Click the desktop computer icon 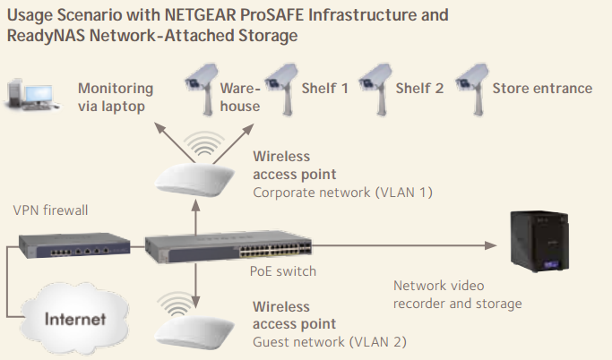click(33, 95)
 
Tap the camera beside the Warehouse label click(203, 90)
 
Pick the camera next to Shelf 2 click(375, 90)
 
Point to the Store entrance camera click(472, 90)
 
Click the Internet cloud click(74, 319)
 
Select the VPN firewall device click(74, 245)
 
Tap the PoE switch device click(228, 246)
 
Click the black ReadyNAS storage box click(539, 241)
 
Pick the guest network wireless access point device click(194, 330)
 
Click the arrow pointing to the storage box click(404, 245)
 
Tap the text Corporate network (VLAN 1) click(342, 193)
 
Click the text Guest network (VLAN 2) click(330, 342)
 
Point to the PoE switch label click(283, 271)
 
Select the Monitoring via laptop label click(116, 97)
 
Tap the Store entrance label click(542, 88)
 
